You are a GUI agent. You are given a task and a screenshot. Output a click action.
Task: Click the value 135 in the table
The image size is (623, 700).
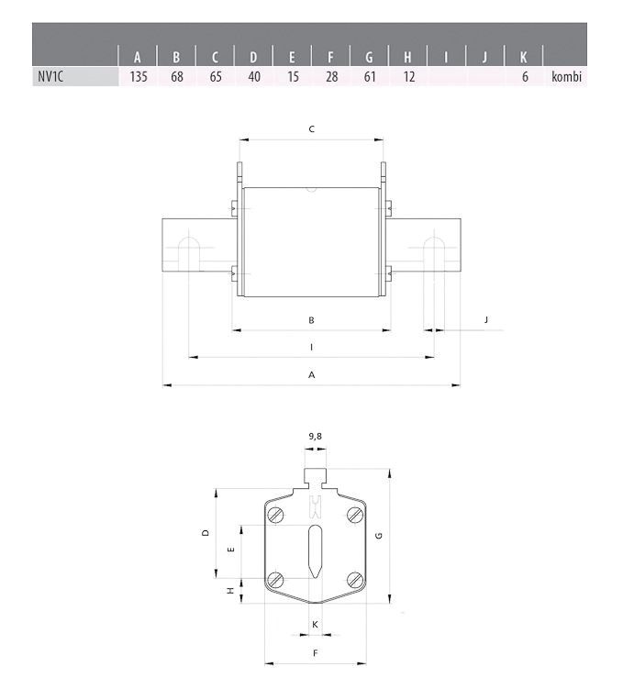[139, 77]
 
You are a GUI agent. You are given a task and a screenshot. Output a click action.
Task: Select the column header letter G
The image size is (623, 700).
[369, 57]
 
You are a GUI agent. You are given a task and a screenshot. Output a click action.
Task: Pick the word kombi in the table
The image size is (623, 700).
[567, 77]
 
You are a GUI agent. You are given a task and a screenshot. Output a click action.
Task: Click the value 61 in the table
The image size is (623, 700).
[369, 77]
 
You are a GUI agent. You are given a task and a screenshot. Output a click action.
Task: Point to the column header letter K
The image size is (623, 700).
[523, 57]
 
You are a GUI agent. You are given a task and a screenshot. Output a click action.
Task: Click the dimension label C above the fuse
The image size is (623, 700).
[312, 129]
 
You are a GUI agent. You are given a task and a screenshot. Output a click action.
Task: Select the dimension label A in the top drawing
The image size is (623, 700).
[312, 374]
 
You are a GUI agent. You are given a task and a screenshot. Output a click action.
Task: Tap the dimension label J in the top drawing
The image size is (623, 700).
[486, 319]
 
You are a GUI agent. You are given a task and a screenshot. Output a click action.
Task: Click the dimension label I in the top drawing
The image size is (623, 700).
[312, 347]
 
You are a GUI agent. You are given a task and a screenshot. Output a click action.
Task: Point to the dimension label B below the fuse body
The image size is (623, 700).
[312, 319]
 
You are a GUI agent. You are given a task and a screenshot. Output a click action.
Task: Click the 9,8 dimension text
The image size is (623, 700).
[316, 437]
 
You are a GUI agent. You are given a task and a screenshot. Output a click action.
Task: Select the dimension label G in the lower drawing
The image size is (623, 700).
[378, 535]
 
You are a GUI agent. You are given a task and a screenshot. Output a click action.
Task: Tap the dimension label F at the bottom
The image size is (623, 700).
[315, 652]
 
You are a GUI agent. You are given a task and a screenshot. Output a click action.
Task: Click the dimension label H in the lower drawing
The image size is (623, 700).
[230, 592]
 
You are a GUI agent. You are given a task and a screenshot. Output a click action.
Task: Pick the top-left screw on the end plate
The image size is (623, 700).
[275, 516]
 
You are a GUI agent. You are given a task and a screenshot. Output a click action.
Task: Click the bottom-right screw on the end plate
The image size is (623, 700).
[354, 579]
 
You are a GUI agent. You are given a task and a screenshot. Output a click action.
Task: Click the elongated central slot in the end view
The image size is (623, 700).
[315, 550]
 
